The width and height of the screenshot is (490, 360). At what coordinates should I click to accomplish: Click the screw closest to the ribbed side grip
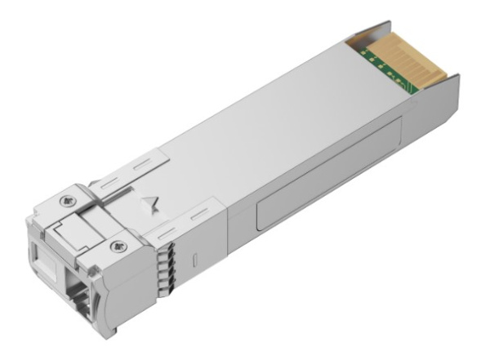(122, 246)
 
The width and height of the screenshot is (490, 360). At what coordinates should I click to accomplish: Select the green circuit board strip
(380, 65)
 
